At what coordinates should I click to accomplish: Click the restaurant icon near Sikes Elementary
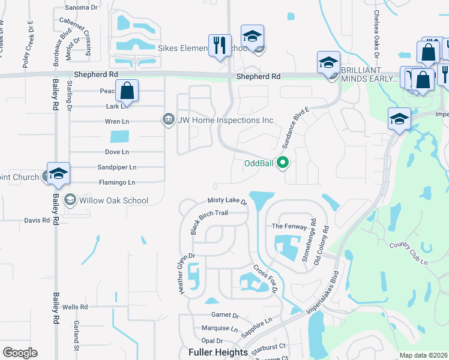tap(220, 45)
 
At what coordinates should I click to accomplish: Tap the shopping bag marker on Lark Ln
tap(127, 91)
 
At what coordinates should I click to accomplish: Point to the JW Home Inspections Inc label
tap(225, 120)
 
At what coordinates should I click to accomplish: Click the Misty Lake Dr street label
tap(228, 201)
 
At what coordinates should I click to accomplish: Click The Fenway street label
tap(285, 226)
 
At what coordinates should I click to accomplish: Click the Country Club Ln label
tap(408, 245)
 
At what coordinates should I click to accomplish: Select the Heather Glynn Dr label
tap(185, 273)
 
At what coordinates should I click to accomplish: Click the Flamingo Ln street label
tap(116, 182)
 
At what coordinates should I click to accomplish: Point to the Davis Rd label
tap(37, 220)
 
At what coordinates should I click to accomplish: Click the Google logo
tap(20, 352)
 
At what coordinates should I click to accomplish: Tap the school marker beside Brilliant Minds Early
tap(328, 63)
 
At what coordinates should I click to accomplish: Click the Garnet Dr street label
tap(225, 315)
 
